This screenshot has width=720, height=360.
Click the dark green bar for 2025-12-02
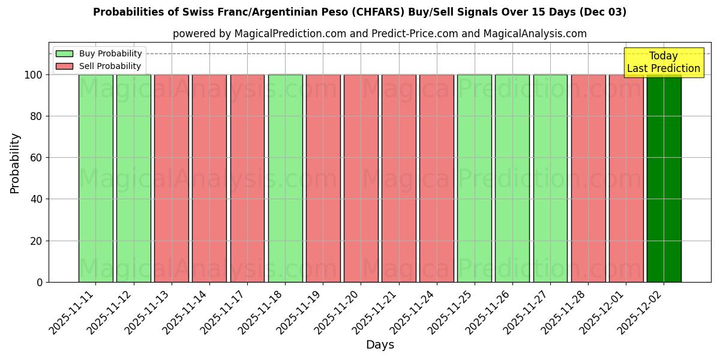[x=664, y=178]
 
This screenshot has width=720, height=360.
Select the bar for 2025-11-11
[x=95, y=178]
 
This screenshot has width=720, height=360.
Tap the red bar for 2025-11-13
[x=172, y=178]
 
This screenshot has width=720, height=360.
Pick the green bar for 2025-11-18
[x=285, y=178]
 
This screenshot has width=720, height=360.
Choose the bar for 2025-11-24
[x=437, y=178]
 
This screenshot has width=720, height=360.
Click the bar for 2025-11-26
[x=512, y=178]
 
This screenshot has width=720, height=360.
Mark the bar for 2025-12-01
[x=626, y=178]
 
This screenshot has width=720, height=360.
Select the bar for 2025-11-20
[x=361, y=178]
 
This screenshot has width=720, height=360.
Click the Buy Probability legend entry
[x=99, y=54]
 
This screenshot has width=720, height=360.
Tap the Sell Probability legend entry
[x=99, y=66]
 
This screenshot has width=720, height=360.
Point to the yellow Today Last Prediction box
[x=663, y=62]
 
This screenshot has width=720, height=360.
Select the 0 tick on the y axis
[x=40, y=283]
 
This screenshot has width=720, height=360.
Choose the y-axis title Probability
[x=15, y=163]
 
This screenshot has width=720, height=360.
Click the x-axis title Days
[x=380, y=345]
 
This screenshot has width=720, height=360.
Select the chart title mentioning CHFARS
[x=359, y=12]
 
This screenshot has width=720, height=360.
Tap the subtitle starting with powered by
[x=379, y=34]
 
